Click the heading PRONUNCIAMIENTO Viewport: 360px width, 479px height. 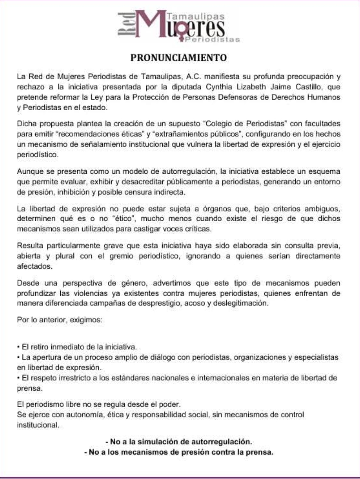point(178,58)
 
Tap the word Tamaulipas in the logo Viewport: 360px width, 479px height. point(196,16)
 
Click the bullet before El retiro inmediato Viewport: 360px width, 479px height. point(18,347)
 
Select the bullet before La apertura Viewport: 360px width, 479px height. point(18,357)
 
